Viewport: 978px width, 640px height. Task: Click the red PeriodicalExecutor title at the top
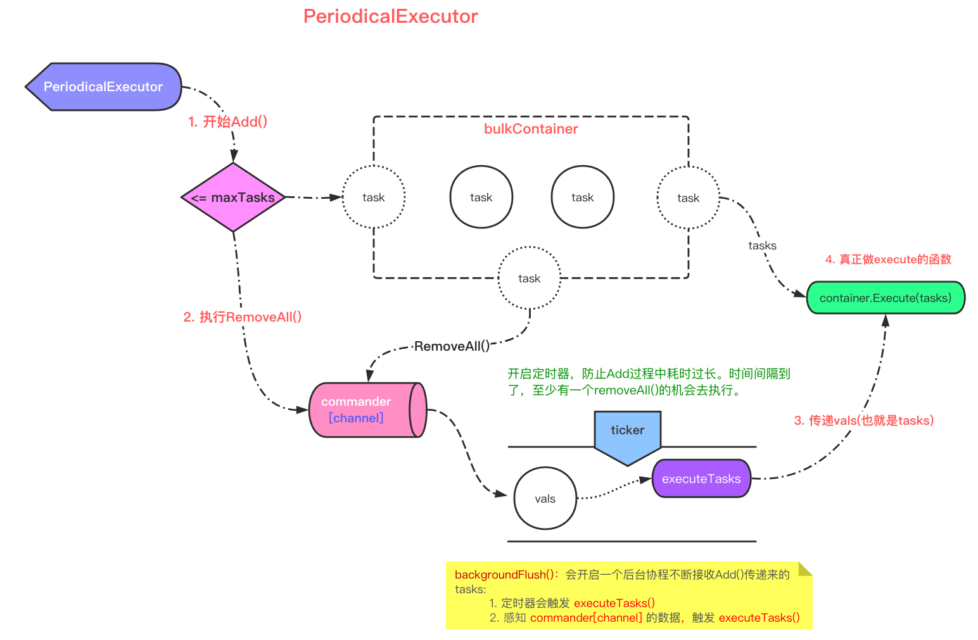390,16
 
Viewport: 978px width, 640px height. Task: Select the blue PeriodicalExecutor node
103,87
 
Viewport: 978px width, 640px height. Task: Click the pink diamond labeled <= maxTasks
233,198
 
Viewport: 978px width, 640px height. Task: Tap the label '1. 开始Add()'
227,122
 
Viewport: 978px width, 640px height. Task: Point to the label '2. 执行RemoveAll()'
242,317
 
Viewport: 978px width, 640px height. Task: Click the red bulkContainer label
531,129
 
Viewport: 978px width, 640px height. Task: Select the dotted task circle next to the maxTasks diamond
374,198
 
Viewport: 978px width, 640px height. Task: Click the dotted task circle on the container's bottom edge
529,279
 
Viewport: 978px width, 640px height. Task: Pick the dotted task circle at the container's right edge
688,198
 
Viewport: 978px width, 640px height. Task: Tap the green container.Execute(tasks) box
885,298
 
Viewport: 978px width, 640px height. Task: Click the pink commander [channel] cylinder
365,410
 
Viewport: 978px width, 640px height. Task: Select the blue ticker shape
627,434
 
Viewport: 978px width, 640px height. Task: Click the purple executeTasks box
701,479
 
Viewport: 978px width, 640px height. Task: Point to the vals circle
545,499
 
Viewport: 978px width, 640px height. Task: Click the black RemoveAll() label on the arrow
452,346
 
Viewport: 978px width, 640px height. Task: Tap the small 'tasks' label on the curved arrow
762,246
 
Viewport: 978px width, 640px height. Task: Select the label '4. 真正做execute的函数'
888,260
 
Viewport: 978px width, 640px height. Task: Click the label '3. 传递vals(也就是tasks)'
864,421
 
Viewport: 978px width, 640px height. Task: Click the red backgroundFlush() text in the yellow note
504,575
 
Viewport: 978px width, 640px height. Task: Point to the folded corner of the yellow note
804,568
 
